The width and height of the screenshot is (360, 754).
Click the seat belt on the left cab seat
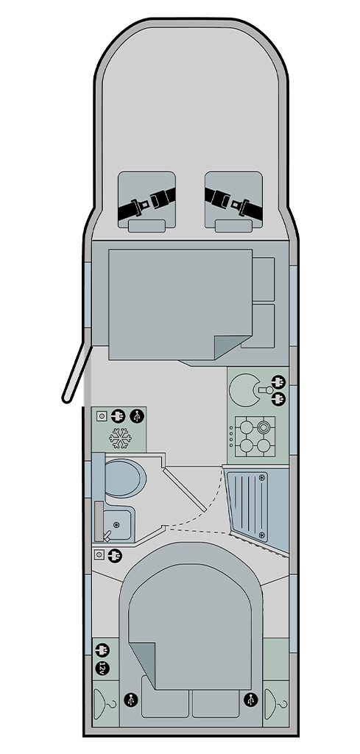click(x=147, y=205)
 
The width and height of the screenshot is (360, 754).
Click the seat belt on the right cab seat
click(x=233, y=205)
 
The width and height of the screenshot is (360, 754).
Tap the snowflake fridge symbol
click(x=120, y=438)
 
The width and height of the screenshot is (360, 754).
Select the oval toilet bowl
click(x=125, y=478)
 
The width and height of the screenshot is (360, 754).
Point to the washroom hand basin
click(x=117, y=524)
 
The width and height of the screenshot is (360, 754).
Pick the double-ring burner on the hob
click(x=263, y=427)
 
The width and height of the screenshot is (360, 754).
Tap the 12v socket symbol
click(x=102, y=668)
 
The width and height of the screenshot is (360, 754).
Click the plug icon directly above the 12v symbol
click(x=102, y=651)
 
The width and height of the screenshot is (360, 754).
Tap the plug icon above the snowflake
click(x=119, y=415)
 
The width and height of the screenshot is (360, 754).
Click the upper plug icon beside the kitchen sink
click(x=278, y=382)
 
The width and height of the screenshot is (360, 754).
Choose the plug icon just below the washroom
click(x=115, y=556)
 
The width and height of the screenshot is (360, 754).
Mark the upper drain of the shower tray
click(x=262, y=477)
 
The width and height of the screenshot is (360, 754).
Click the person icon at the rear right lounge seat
click(x=250, y=700)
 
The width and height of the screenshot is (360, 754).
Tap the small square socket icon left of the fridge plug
click(x=101, y=416)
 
